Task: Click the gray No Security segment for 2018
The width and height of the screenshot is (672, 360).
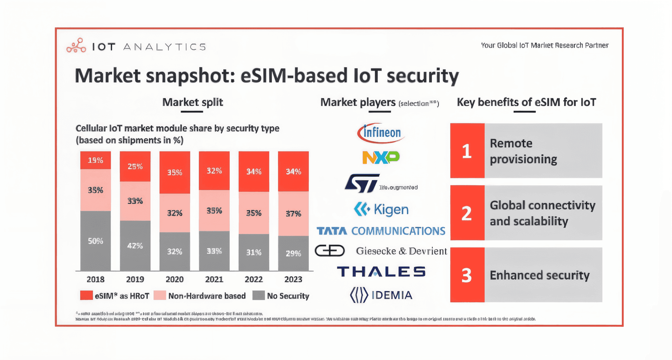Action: coord(96,241)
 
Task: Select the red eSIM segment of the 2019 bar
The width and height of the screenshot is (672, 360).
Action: coord(135,166)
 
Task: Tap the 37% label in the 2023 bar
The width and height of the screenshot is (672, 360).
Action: coord(293,213)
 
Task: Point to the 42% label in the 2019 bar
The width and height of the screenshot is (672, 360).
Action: coord(135,246)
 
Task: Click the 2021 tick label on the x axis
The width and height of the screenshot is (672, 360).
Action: coord(214,279)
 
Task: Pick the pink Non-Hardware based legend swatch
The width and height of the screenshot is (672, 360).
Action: coord(160,295)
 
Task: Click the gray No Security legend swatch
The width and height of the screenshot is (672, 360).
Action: coord(259,295)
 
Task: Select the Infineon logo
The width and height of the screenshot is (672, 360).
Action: coord(381,133)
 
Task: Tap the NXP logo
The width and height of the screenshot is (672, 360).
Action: coord(381,157)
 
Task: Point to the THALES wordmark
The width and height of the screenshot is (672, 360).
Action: coord(381,271)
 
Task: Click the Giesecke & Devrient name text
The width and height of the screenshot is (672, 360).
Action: coord(401,251)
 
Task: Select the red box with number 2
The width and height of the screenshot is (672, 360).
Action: coord(467,213)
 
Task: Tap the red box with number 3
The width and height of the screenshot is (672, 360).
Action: coord(467,275)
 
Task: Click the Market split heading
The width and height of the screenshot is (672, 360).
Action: coord(192,102)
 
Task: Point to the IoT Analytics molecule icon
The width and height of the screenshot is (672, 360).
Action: coord(76,46)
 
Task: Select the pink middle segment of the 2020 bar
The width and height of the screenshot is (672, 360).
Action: coord(175,213)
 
